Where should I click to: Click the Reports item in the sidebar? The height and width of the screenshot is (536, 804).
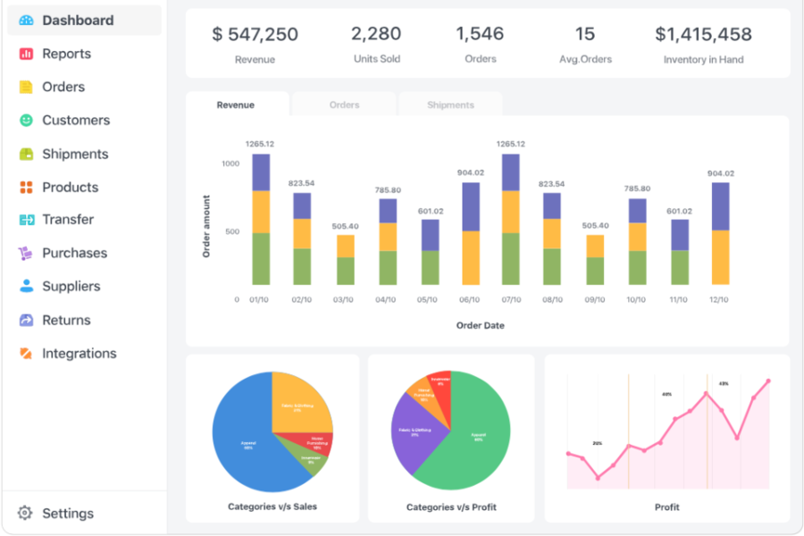pyautogui.click(x=66, y=54)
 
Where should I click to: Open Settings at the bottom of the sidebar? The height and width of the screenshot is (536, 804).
pyautogui.click(x=67, y=514)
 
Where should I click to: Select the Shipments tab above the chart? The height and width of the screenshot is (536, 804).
pyautogui.click(x=450, y=105)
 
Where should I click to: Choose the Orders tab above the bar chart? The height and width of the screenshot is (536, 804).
pyautogui.click(x=344, y=105)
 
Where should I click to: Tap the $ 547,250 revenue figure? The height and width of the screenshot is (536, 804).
pyautogui.click(x=255, y=35)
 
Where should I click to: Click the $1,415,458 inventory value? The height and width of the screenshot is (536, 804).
pyautogui.click(x=703, y=35)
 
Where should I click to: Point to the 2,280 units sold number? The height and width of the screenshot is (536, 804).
pyautogui.click(x=376, y=35)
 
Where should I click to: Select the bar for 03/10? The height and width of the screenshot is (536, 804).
pyautogui.click(x=346, y=259)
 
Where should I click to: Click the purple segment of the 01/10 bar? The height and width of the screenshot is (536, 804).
pyautogui.click(x=261, y=172)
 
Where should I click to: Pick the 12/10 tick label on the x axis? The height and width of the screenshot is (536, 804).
pyautogui.click(x=718, y=300)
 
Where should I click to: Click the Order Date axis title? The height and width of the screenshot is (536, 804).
pyautogui.click(x=481, y=325)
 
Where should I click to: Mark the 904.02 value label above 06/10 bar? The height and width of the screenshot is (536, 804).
pyautogui.click(x=471, y=172)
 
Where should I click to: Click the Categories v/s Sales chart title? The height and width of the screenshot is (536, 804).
pyautogui.click(x=272, y=507)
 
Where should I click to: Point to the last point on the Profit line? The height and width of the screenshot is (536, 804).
pyautogui.click(x=767, y=381)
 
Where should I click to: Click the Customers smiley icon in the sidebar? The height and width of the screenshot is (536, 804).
pyautogui.click(x=26, y=120)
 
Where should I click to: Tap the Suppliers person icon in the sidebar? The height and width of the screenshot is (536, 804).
pyautogui.click(x=26, y=286)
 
